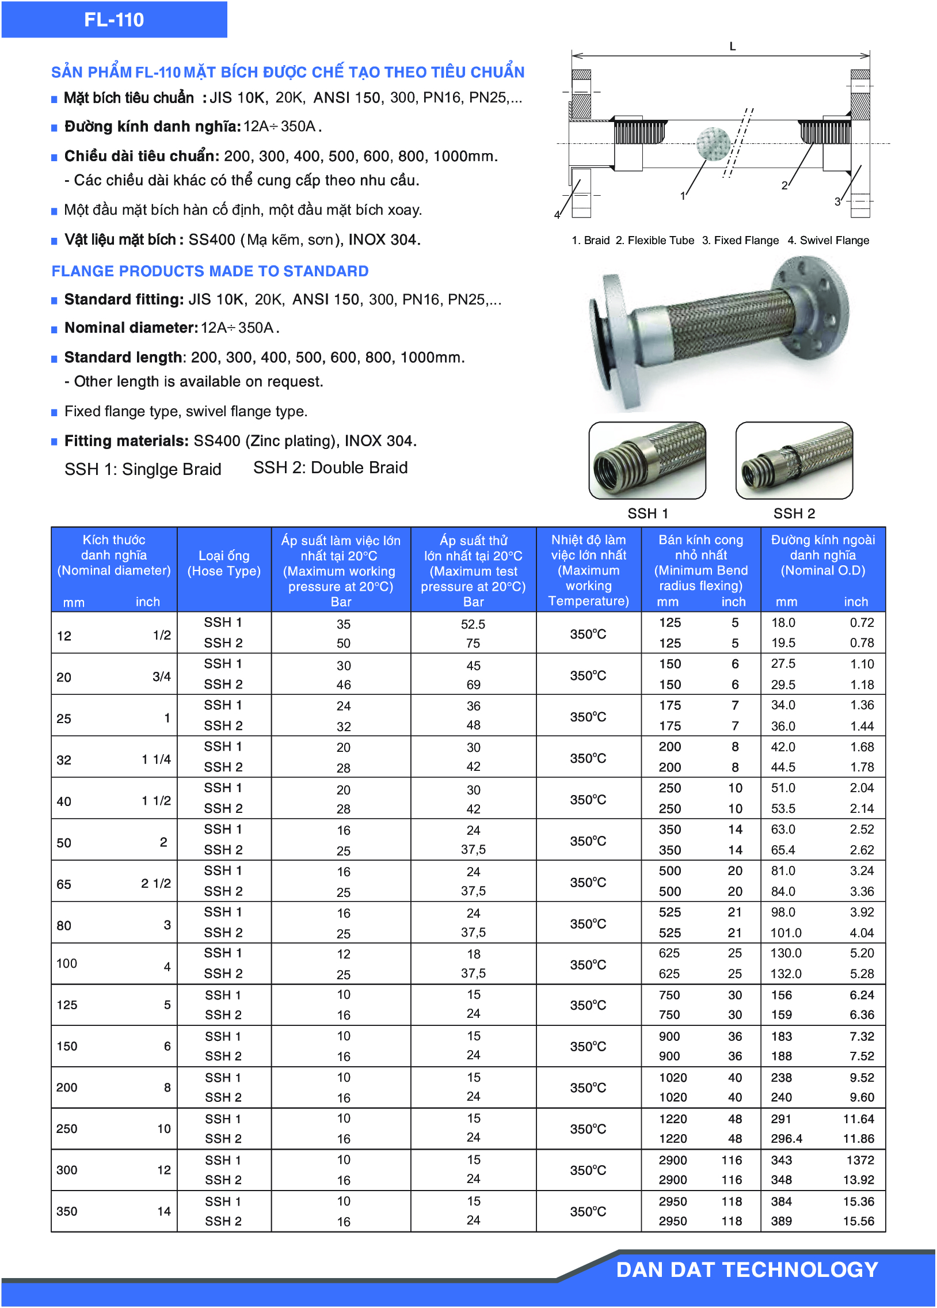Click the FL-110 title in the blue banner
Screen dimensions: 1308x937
click(x=113, y=20)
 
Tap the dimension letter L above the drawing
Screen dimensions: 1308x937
click(x=732, y=46)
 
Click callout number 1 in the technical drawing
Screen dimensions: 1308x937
click(x=683, y=196)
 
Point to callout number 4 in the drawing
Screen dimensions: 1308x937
click(x=557, y=215)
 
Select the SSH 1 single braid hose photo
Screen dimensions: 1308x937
click(x=647, y=460)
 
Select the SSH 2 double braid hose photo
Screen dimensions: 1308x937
click(x=794, y=460)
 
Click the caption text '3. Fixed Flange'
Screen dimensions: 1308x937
click(x=740, y=241)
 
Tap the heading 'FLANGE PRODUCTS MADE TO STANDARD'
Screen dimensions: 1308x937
click(x=210, y=271)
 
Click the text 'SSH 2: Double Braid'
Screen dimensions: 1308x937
click(x=330, y=467)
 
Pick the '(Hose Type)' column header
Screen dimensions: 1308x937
click(x=224, y=571)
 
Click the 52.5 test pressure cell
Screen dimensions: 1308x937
click(x=473, y=624)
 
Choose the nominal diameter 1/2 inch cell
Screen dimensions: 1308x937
click(x=162, y=635)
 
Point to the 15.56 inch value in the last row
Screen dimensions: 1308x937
click(x=859, y=1221)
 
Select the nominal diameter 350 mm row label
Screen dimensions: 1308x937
click(x=67, y=1211)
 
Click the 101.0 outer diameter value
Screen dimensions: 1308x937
click(x=786, y=933)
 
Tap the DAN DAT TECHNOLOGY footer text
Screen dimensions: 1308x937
click(x=746, y=1269)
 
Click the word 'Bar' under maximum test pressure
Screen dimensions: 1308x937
click(x=473, y=602)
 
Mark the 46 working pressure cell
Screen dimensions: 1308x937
click(x=344, y=685)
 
